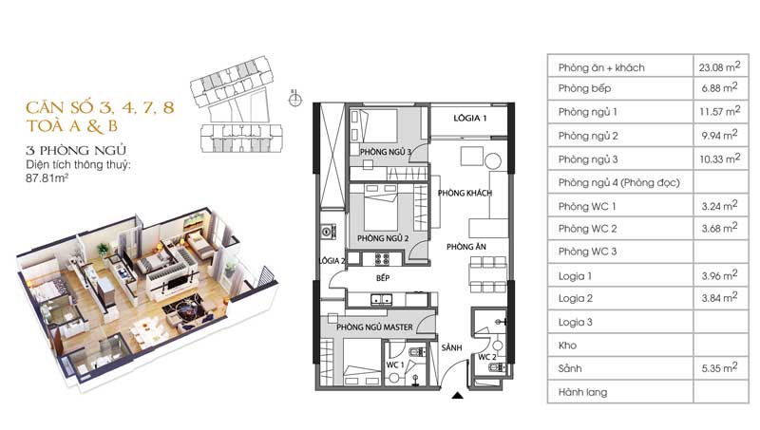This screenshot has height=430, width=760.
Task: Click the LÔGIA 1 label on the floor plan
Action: (469, 118)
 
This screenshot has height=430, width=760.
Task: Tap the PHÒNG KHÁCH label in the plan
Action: (465, 194)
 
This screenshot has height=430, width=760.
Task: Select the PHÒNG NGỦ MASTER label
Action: (374, 327)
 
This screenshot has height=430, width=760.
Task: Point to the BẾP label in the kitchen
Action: (383, 278)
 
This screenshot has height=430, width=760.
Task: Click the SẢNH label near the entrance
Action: (452, 347)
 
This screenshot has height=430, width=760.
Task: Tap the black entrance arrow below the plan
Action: (457, 396)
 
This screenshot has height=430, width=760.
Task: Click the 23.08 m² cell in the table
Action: (719, 66)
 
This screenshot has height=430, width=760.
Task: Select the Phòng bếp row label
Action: (584, 88)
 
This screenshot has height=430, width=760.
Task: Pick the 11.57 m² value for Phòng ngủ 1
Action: (719, 111)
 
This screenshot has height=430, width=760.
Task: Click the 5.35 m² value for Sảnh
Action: (719, 368)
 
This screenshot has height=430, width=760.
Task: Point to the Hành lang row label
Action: (582, 392)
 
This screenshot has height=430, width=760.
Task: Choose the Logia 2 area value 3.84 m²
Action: (719, 298)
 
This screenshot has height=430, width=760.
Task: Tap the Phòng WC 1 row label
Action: (587, 206)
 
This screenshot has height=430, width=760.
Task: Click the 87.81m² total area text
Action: (47, 178)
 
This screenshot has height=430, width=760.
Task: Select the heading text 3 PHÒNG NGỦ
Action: (76, 151)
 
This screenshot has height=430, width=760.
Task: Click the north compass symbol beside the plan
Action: (294, 100)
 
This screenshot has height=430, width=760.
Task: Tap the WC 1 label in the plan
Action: (394, 365)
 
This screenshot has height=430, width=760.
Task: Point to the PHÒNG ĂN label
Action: (466, 247)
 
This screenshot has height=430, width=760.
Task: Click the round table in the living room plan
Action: (492, 160)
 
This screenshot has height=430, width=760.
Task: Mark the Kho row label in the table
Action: (567, 346)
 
